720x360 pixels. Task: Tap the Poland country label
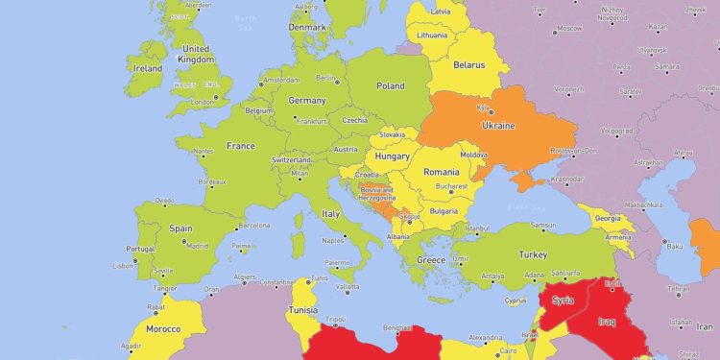click(x=390, y=85)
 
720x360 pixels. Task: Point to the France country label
click(x=240, y=146)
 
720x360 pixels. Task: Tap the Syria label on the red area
click(x=563, y=300)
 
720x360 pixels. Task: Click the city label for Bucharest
click(x=449, y=186)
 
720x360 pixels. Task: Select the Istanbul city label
click(x=477, y=228)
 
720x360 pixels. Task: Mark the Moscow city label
click(x=569, y=28)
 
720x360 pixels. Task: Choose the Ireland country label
click(x=148, y=69)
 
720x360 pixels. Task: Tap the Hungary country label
click(x=393, y=156)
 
